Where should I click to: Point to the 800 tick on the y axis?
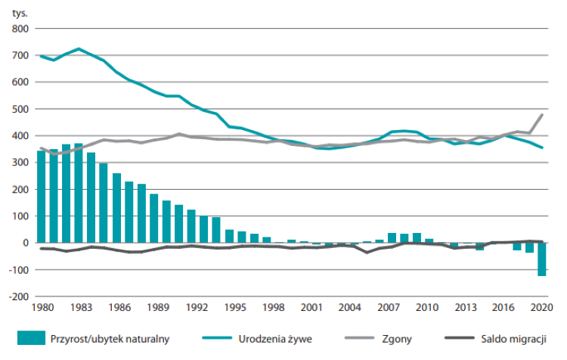20,29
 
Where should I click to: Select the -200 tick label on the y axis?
19,296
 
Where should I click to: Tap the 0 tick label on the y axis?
26,243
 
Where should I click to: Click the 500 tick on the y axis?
20,109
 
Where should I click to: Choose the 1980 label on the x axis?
42,308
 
